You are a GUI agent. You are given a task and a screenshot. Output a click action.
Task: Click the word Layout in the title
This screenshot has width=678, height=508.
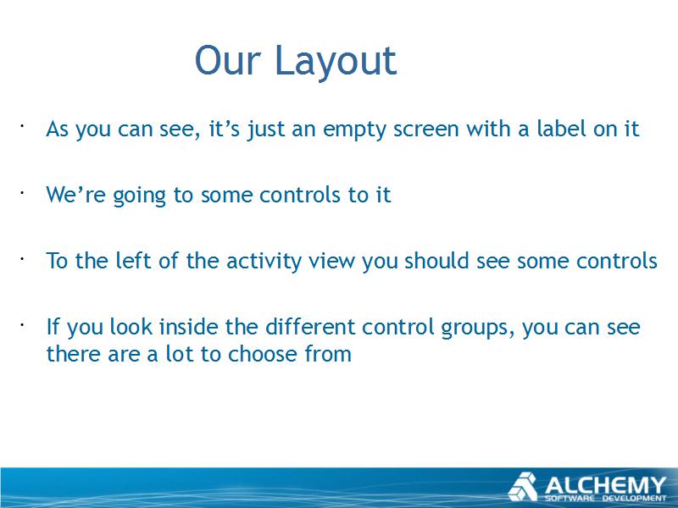[336, 63]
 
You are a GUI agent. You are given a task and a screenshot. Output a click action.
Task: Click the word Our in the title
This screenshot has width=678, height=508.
[228, 60]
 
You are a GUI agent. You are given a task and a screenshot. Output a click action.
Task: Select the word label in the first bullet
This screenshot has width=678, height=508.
[561, 128]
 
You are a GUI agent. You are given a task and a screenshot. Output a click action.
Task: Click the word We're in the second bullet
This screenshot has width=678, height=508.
[75, 195]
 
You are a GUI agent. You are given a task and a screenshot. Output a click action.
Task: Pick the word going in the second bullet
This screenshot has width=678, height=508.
[139, 196]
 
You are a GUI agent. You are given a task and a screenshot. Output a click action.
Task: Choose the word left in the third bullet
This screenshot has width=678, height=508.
[133, 261]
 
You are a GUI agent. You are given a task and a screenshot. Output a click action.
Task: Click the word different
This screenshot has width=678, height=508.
[309, 327]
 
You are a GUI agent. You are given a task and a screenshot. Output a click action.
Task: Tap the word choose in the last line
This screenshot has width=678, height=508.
[263, 354]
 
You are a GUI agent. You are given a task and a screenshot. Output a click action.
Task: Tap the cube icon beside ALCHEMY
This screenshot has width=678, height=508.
[523, 487]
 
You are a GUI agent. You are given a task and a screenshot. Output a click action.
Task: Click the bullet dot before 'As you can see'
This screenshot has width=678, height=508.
[20, 126]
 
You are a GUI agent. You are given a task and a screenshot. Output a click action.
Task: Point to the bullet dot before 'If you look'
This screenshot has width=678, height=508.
[20, 324]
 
